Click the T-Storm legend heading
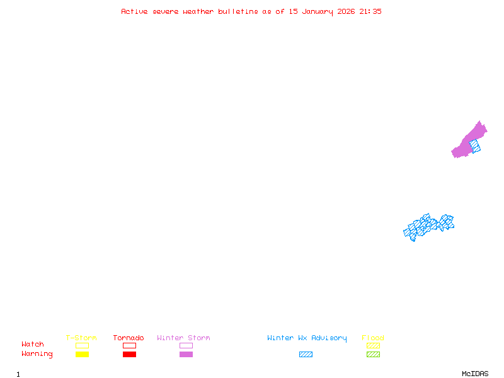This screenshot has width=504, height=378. click(x=81, y=338)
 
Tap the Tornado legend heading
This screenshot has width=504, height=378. click(x=129, y=338)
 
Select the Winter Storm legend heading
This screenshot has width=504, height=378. click(x=183, y=338)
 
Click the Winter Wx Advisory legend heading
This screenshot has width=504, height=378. click(x=307, y=338)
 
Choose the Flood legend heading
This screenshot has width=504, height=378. click(x=373, y=338)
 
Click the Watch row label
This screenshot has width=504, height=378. click(x=33, y=345)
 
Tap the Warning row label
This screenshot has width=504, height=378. click(x=37, y=354)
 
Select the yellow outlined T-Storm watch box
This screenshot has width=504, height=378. click(x=82, y=345)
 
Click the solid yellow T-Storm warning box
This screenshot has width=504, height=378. click(x=82, y=355)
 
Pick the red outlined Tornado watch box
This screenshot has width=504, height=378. click(x=129, y=345)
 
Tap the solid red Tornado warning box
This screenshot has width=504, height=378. click(x=129, y=355)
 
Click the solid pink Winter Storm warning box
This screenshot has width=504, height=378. click(x=186, y=355)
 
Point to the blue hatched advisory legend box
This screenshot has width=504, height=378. click(x=306, y=355)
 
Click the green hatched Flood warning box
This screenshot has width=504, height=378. click(x=373, y=355)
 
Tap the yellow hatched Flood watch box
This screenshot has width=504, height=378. click(x=373, y=345)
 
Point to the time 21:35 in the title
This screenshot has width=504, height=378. click(x=370, y=11)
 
